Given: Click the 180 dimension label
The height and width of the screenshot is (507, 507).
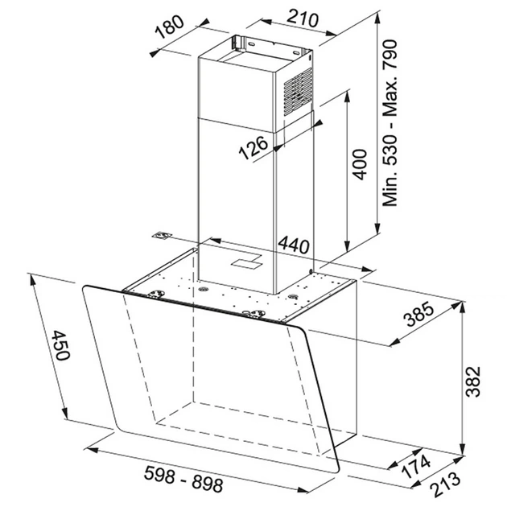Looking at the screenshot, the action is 169,27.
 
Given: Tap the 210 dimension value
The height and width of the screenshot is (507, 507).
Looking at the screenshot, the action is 303,18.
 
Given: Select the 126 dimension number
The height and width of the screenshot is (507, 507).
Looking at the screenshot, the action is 253,148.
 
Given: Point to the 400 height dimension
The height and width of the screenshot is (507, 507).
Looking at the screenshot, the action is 360,164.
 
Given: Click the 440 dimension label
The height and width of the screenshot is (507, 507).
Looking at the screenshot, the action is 294,245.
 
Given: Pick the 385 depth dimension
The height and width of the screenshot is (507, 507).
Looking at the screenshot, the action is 419,313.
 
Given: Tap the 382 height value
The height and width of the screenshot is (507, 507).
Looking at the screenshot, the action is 473,381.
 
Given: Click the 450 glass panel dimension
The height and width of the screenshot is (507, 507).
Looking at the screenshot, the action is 60,345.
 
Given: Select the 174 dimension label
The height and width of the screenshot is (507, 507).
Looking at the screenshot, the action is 416,466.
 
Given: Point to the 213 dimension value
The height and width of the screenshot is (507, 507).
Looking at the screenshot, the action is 446,484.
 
